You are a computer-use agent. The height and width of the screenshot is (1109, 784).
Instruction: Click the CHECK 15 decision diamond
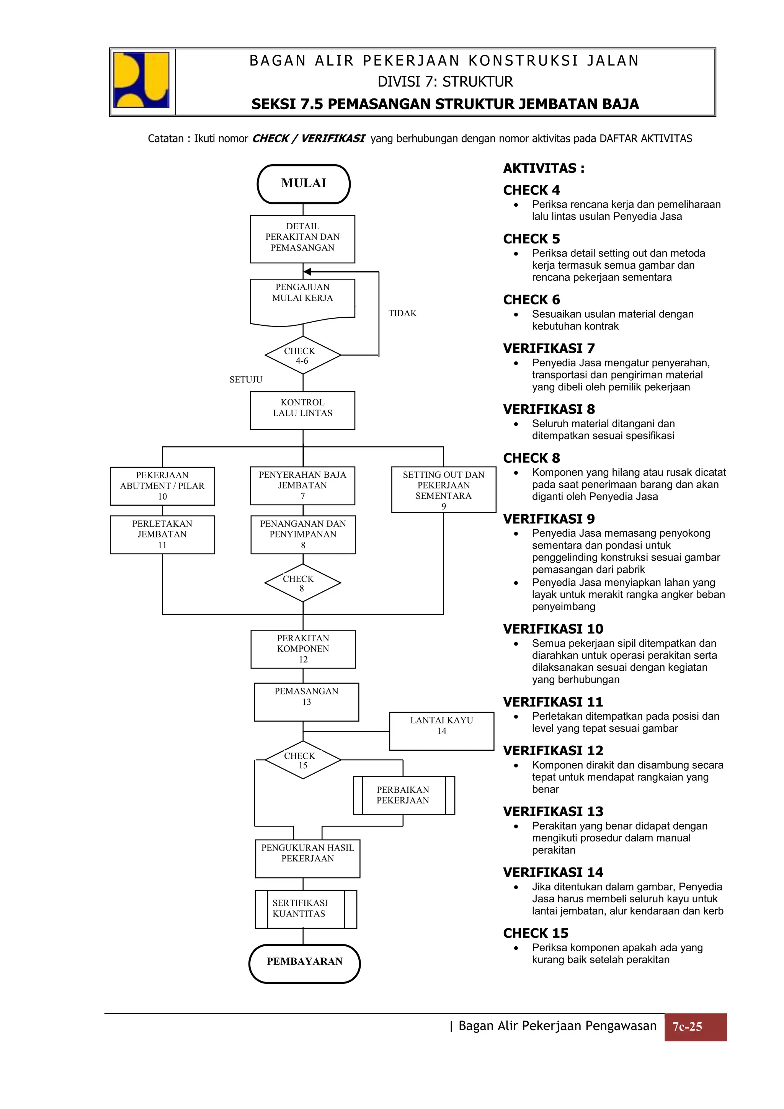[x=303, y=760]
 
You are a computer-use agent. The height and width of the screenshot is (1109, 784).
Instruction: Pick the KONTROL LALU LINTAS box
[x=302, y=410]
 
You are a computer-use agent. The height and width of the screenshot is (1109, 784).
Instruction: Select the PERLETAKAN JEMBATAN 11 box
[x=162, y=534]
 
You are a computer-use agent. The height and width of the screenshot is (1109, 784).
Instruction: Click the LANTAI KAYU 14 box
[x=441, y=731]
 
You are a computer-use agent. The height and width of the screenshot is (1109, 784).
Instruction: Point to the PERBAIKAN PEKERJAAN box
[x=403, y=795]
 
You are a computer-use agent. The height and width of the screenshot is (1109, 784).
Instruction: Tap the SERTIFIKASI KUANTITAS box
[x=306, y=909]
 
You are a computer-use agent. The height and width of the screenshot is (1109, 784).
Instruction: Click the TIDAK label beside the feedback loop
[x=402, y=314]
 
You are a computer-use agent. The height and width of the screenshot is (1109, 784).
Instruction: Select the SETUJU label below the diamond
[x=246, y=380]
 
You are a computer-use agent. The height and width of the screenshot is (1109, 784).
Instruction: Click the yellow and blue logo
[x=142, y=80]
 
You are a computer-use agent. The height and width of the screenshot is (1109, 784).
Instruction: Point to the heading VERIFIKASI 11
[x=553, y=702]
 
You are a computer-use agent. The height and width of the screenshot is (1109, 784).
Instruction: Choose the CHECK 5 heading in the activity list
[x=531, y=239]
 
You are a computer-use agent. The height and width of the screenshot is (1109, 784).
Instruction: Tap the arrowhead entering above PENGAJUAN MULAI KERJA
[x=307, y=271]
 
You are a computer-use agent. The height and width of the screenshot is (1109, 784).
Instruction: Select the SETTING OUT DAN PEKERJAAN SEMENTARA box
[x=443, y=489]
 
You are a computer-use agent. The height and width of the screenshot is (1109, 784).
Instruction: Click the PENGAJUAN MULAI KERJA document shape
[x=302, y=301]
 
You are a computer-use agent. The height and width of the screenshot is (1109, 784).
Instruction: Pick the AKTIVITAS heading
[x=544, y=168]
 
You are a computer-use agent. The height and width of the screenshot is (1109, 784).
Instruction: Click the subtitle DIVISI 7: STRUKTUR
[x=445, y=82]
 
